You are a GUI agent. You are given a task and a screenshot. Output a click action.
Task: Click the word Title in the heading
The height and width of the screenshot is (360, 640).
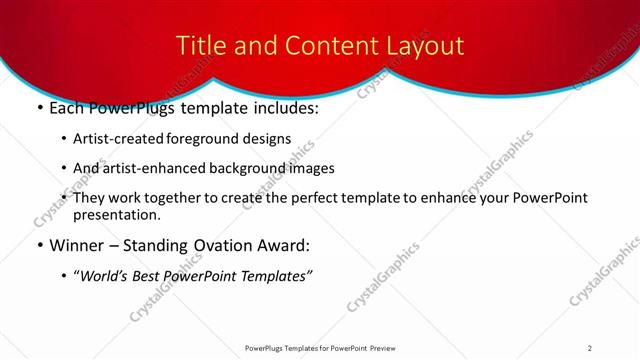point(198,46)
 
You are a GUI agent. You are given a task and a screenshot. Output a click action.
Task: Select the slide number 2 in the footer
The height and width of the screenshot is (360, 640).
point(590,347)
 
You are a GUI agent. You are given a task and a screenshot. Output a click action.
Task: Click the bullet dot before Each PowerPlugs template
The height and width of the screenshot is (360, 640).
point(38,108)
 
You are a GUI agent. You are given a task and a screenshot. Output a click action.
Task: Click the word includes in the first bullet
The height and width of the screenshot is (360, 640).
point(284,108)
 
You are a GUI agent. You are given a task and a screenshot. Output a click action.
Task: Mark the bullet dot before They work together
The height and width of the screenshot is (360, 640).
point(65,198)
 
